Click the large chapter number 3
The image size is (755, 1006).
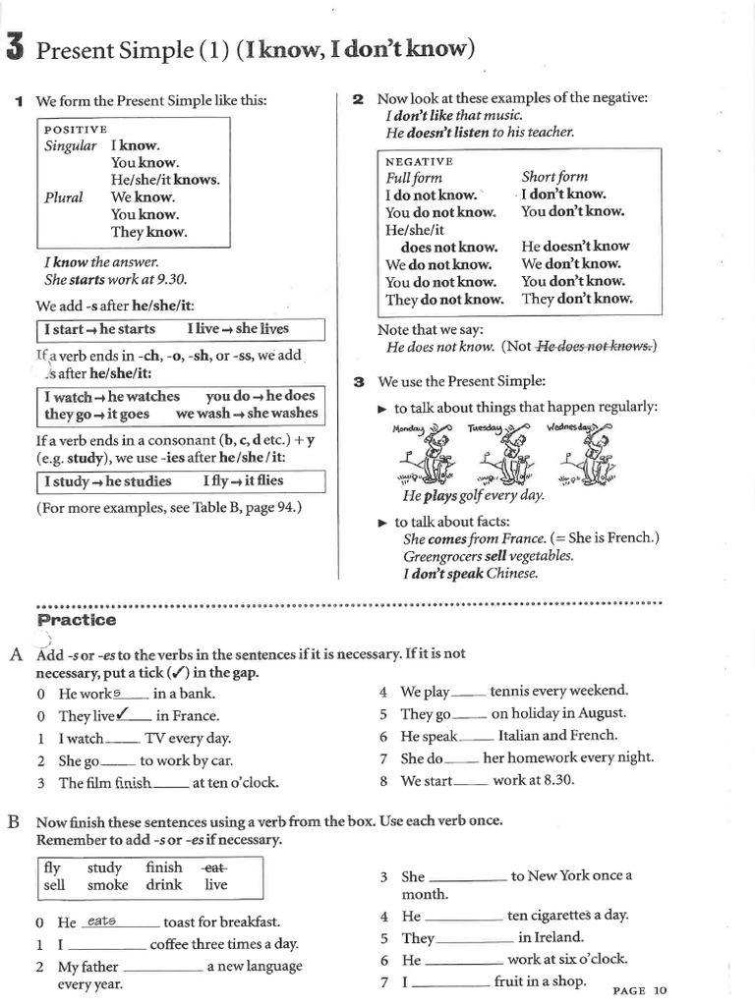click(14, 47)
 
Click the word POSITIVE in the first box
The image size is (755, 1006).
click(76, 129)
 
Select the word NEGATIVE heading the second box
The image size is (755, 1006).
click(419, 161)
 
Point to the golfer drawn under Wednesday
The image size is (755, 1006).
click(587, 458)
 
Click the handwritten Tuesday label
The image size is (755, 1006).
click(484, 428)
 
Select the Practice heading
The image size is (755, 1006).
click(76, 620)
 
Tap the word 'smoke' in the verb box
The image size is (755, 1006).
click(107, 885)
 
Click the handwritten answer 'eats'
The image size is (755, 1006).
click(101, 921)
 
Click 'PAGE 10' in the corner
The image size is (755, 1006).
click(639, 990)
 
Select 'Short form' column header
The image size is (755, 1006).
click(554, 177)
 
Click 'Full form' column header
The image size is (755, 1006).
click(414, 178)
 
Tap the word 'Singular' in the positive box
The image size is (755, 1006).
click(71, 145)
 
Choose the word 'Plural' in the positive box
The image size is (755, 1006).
click(64, 197)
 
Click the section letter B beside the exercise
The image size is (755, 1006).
click(14, 821)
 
